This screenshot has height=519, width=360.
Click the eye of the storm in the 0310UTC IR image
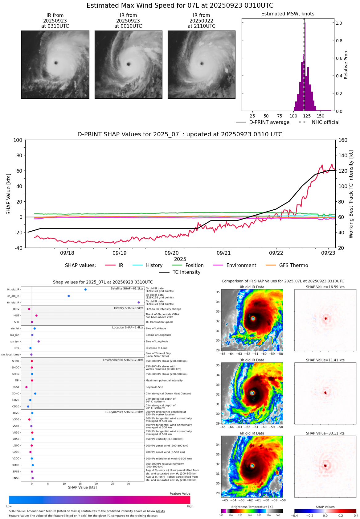pos(56,63)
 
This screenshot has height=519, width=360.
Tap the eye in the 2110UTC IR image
pos(202,64)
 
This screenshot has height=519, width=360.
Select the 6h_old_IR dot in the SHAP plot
pos(139,303)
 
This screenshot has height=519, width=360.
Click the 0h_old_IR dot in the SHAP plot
pos(85,290)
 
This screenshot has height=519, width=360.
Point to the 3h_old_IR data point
pos(69,296)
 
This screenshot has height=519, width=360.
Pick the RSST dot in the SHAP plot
pos(27,387)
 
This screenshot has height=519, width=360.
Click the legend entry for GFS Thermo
pos(293,266)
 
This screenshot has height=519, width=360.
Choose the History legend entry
pos(154,266)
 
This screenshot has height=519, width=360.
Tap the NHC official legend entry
pos(325,122)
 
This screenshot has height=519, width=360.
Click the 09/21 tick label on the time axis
pos(224,253)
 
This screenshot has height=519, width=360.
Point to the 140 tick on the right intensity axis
pos(343,155)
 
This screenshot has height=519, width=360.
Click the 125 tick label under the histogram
pos(307,116)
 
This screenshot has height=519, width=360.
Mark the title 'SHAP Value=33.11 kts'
pos(325,433)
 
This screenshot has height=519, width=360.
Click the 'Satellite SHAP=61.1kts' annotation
pos(127,289)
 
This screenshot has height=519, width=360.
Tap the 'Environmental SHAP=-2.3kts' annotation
pos(123,360)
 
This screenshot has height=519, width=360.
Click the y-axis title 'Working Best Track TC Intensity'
pos(351,194)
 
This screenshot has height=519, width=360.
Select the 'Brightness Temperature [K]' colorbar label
pos(252,507)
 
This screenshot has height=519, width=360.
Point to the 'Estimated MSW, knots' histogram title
pos(288,14)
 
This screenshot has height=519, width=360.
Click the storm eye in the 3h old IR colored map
pos(252,393)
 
